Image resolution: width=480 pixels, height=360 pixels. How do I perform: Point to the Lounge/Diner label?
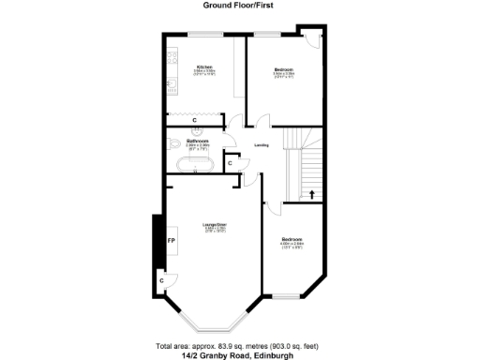[215, 224]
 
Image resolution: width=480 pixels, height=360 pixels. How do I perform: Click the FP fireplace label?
[171, 241]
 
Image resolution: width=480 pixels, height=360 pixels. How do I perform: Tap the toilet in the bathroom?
[176, 143]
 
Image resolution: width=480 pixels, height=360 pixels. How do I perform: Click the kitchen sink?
[173, 91]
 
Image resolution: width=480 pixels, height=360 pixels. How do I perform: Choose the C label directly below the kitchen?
[194, 120]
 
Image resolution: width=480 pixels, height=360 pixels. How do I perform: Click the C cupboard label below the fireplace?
[161, 279]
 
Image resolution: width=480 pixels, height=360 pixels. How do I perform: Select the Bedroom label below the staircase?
[292, 239]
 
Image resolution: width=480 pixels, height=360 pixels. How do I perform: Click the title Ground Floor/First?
[240, 5]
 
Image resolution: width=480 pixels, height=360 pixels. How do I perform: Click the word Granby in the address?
[217, 354]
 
